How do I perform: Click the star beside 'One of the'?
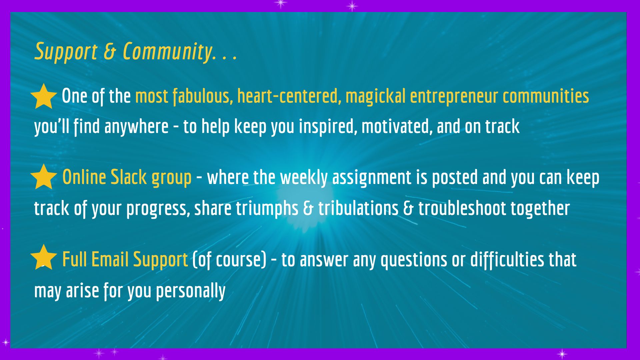44,96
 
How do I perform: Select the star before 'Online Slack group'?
44,177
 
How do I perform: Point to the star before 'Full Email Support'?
44,257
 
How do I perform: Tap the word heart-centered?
289,96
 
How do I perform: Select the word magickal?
376,97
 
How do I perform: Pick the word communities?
546,96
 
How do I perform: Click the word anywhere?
136,127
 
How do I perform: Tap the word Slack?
129,177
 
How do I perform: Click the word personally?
191,291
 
